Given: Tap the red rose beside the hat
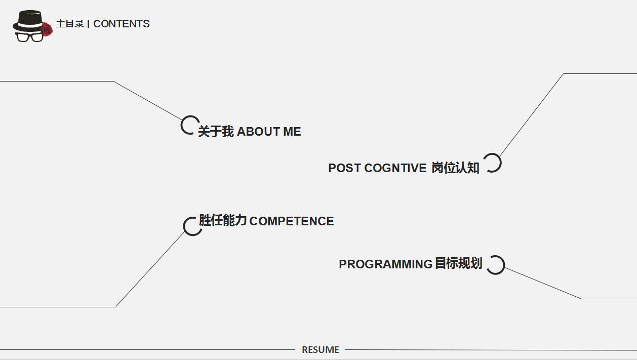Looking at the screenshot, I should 47,29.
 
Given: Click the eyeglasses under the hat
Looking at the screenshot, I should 29,36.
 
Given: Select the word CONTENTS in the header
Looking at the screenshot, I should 122,24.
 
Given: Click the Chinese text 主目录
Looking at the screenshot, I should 70,24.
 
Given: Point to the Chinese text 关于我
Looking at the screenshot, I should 216,132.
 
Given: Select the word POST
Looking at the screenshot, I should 344,168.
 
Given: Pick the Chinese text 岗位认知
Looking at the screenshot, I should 455,168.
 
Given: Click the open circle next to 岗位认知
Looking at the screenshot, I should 492,163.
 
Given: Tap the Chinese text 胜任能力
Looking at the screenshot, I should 222,221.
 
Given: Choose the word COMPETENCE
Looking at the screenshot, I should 292,221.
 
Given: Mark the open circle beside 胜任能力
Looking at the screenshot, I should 192,226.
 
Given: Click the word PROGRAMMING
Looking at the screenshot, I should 385,264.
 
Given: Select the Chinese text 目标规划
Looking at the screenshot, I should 458,264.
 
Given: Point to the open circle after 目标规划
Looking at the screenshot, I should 495,265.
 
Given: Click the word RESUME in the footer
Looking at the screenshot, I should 321,350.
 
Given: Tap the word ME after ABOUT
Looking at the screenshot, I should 292,132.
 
